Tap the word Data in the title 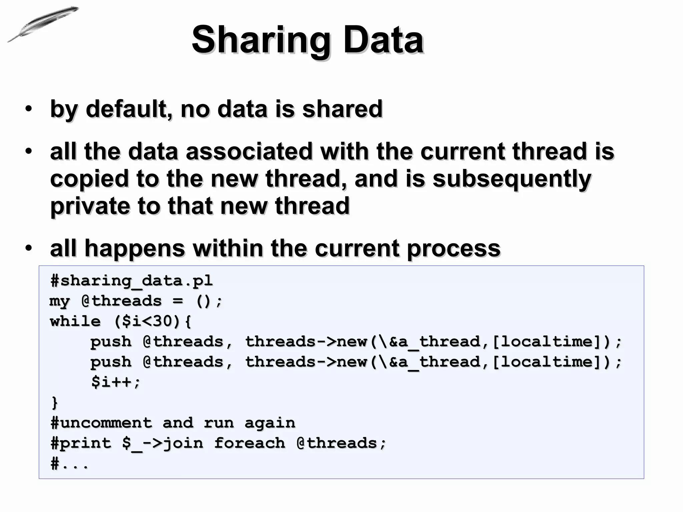tap(384, 40)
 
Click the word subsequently tap(512, 179)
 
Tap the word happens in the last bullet tap(135, 249)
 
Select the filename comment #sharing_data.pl tap(131, 281)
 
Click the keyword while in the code tap(75, 321)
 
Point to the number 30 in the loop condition tap(162, 321)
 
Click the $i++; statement tap(116, 382)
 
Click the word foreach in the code tap(249, 443)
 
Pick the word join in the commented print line tap(183, 443)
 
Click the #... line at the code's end tap(70, 464)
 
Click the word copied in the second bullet tap(89, 179)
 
